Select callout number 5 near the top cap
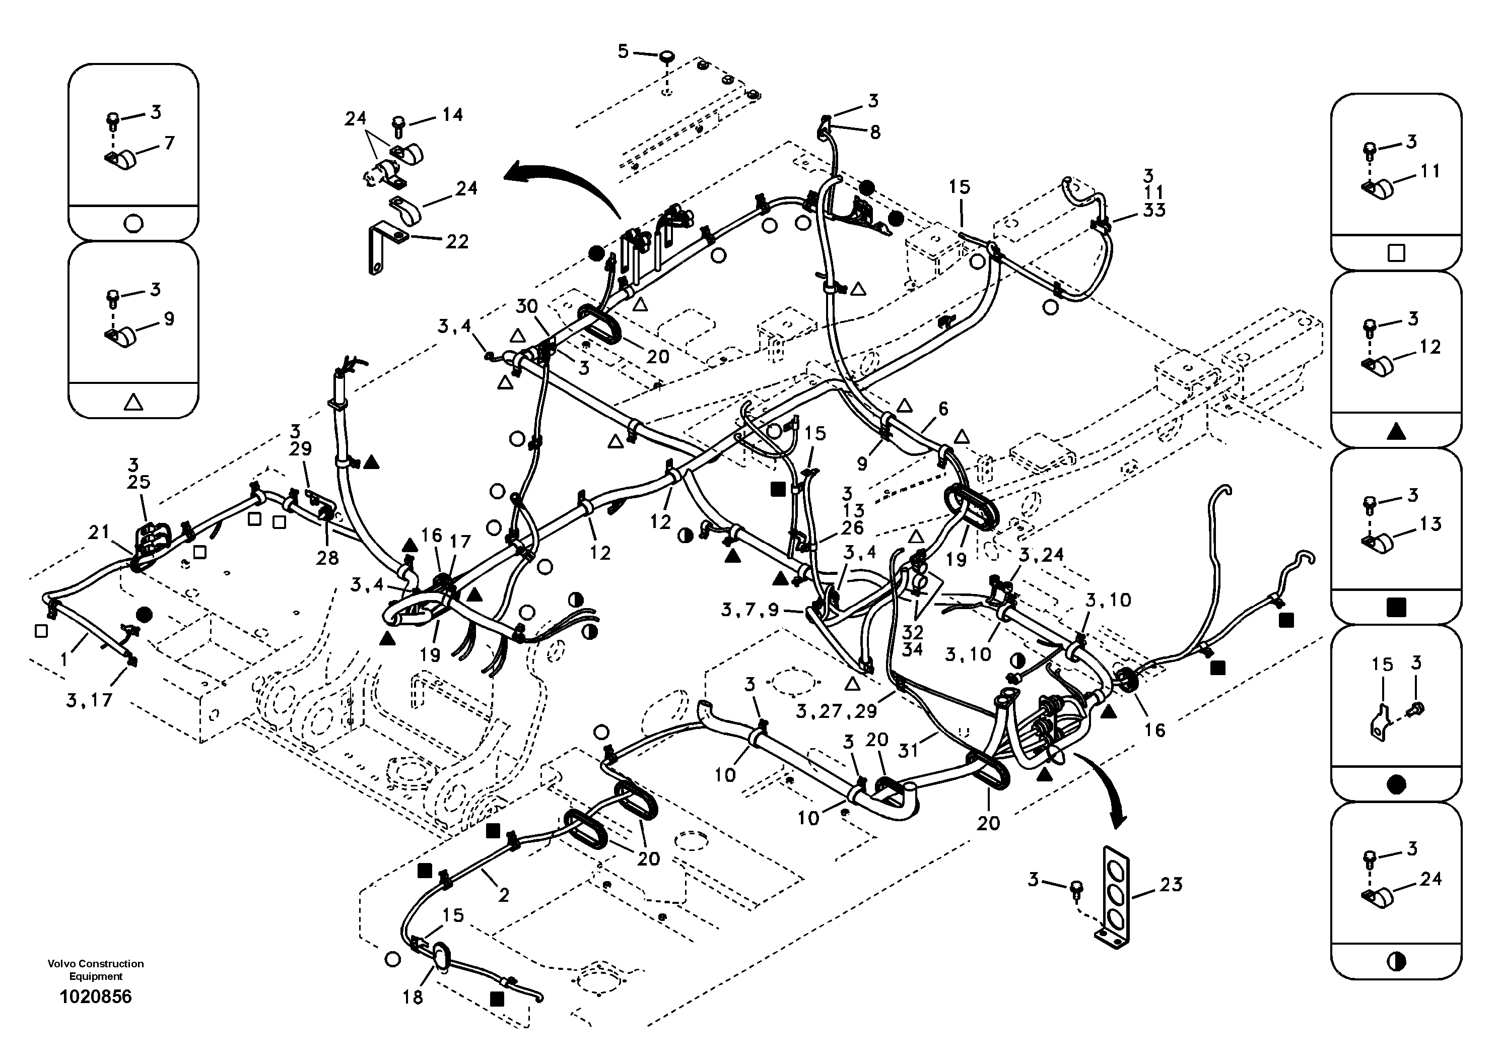pos(623,51)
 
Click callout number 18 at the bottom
pos(413,997)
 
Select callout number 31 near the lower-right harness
pos(908,751)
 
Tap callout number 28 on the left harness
pos(328,558)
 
